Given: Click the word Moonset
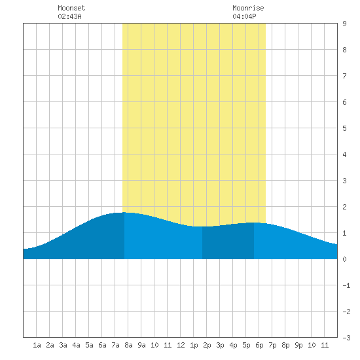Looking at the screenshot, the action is pos(71,8).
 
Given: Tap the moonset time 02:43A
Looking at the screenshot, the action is pos(69,16).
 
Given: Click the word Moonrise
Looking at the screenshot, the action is pos(248,8).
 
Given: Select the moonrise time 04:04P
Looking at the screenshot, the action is pos(244,16).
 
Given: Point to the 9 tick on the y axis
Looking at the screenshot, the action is pos(344,24).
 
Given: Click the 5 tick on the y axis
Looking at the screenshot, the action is pos(344,128).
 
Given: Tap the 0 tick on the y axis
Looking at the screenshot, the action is pos(344,259).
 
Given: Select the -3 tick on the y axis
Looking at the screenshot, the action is pos(346,338).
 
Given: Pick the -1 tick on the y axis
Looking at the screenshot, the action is pos(346,285).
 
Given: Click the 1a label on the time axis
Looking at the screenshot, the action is pos(37,345).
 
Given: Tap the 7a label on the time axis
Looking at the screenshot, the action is pos(115,345).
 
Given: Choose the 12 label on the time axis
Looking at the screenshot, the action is pos(181,345).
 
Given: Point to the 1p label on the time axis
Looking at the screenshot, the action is pos(194,345).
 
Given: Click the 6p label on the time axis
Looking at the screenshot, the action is pos(259,345).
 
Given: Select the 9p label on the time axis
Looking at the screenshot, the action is pos(298,345).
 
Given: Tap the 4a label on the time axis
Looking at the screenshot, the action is pos(76,345).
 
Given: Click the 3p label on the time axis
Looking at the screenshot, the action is pos(220,345).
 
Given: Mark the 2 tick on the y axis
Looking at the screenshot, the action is pos(344,207).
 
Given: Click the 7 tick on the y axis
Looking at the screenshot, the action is pos(344,76).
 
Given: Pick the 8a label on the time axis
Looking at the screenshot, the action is pos(128,345).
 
